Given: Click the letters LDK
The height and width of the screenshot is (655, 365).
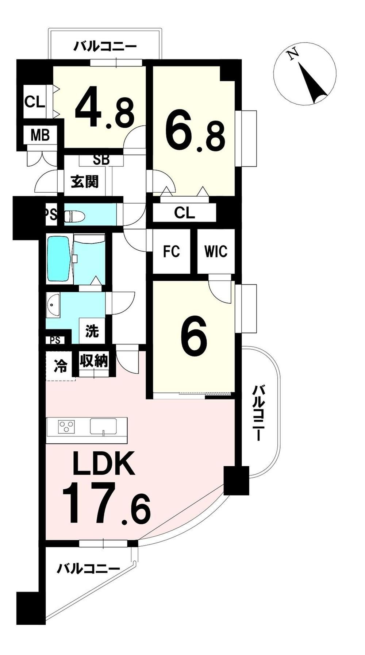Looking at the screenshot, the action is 104,463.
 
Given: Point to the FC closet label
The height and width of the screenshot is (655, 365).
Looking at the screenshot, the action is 171,251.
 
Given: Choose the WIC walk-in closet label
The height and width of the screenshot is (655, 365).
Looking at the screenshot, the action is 216,251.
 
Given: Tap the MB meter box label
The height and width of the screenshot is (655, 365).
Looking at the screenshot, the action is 40,136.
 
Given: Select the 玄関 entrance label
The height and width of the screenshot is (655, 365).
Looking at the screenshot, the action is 85,181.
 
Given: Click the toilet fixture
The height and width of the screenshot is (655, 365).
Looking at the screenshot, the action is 74,216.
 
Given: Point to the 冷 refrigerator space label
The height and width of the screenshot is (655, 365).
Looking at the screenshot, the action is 61,366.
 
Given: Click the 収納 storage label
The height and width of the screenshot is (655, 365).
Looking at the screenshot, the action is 94,361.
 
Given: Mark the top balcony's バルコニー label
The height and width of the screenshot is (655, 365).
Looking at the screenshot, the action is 105,47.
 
